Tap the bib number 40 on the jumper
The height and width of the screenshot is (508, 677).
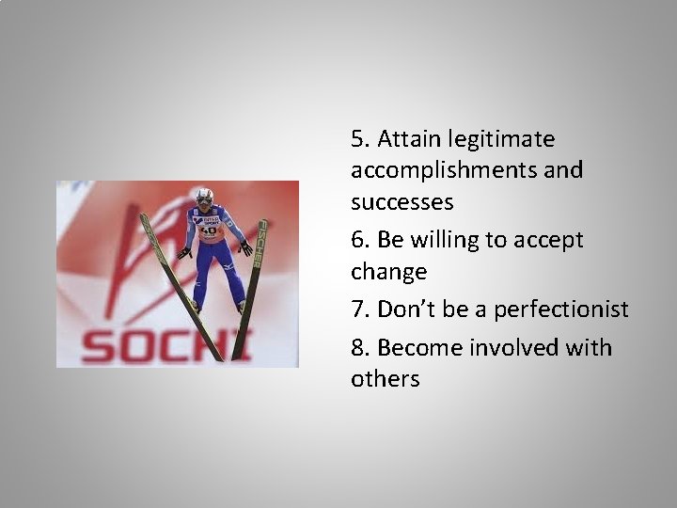pyautogui.click(x=209, y=230)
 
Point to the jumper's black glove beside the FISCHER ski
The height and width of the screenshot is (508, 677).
pyautogui.click(x=245, y=248)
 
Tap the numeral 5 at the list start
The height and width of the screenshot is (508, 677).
pyautogui.click(x=357, y=139)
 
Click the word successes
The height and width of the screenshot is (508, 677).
pyautogui.click(x=402, y=202)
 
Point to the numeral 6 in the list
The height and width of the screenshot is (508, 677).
pyautogui.click(x=357, y=240)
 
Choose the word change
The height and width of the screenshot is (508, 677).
pyautogui.click(x=388, y=273)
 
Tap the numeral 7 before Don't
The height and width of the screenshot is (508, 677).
pyautogui.click(x=357, y=310)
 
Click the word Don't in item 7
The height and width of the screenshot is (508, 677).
pyautogui.click(x=405, y=310)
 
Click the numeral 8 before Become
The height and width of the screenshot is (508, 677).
pyautogui.click(x=357, y=348)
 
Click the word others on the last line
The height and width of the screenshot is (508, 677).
pyautogui.click(x=385, y=379)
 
